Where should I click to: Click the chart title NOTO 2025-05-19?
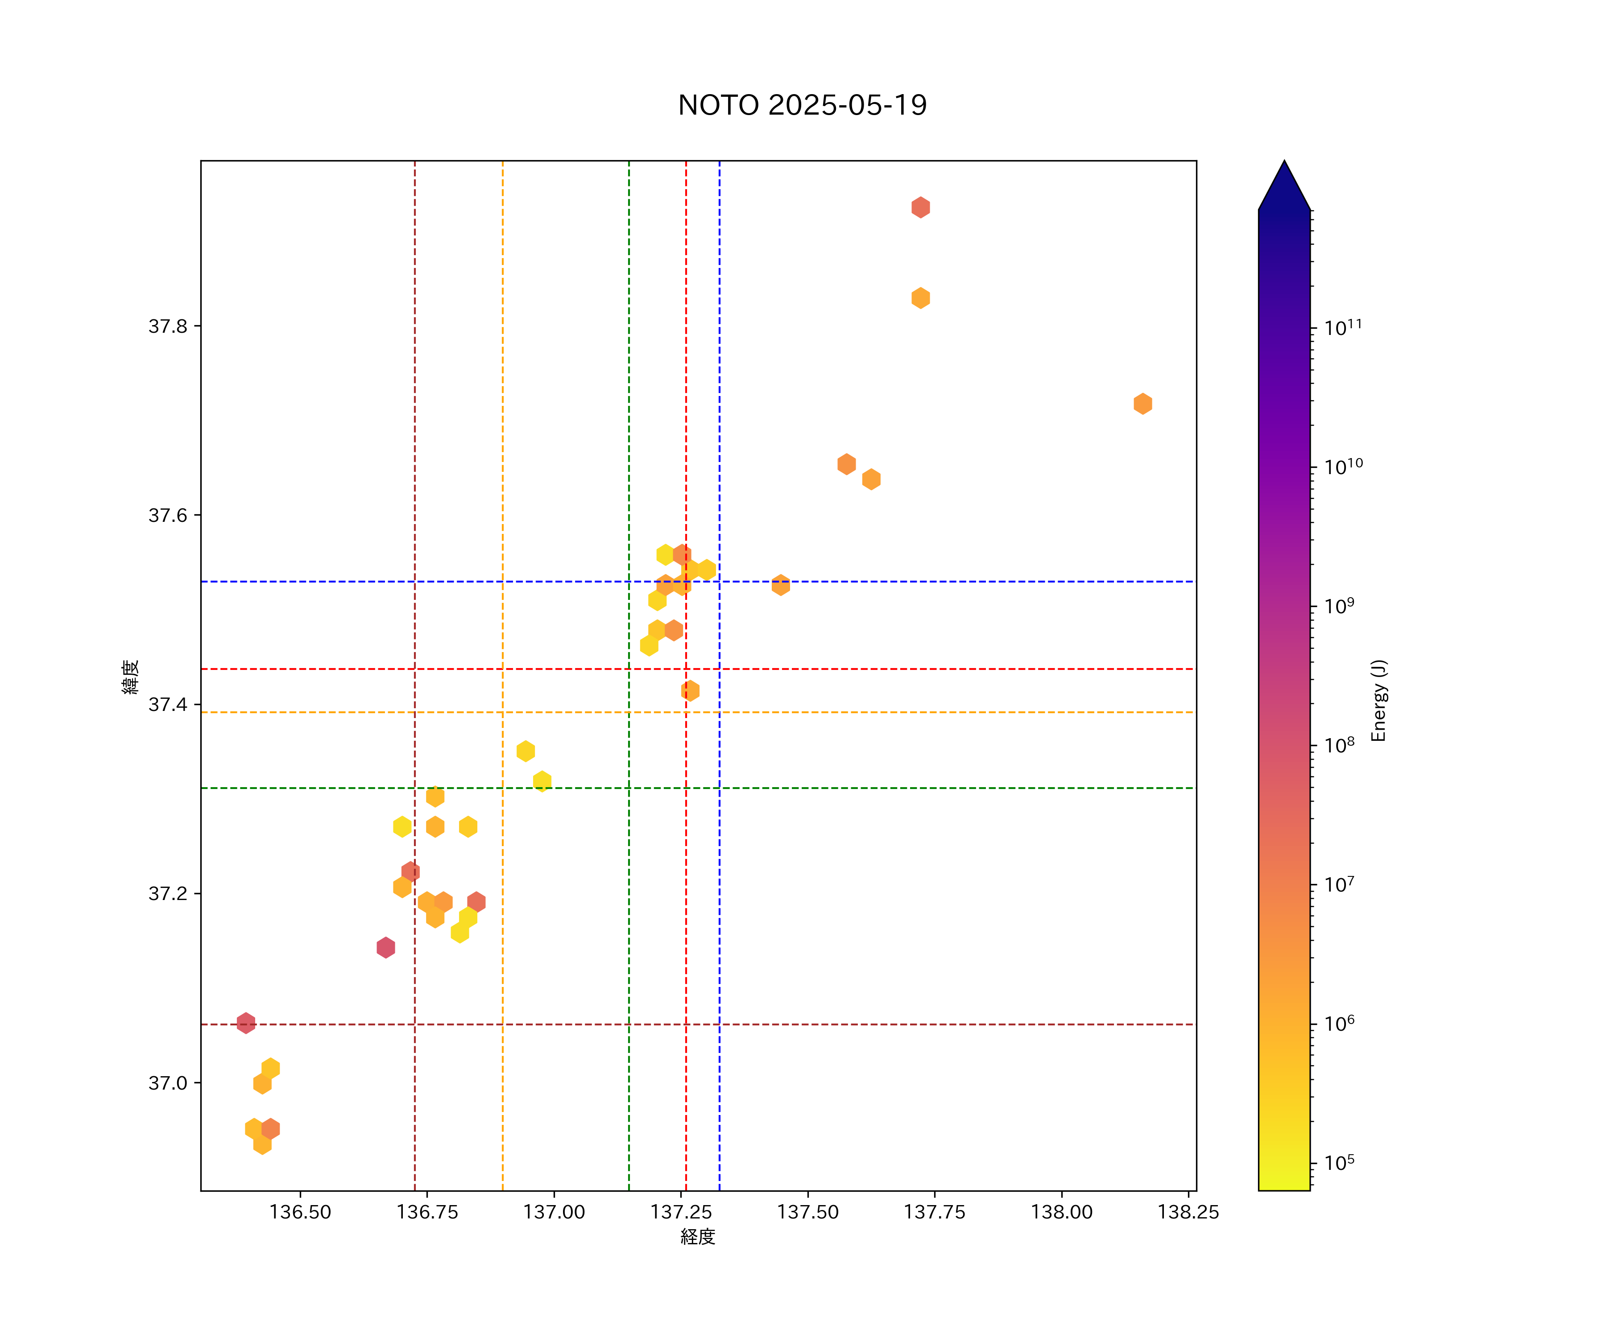802,105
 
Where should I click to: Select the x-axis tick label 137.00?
554,1212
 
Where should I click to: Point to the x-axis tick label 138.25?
1188,1212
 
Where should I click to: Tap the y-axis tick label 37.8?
167,326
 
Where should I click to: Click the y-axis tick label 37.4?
167,704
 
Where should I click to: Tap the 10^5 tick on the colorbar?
1339,1163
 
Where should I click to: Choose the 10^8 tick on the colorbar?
1339,745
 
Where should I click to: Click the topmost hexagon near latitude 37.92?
920,207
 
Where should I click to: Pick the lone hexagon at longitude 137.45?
780,585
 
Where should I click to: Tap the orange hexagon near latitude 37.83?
920,298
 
